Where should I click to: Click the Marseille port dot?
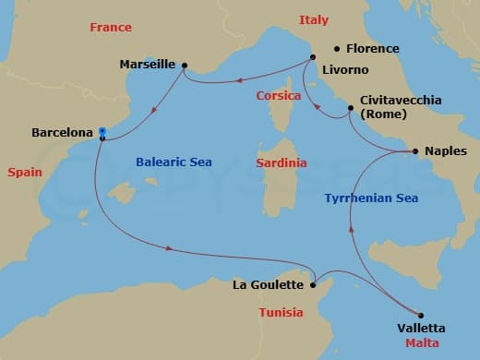[185, 66]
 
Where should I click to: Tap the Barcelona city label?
[63, 133]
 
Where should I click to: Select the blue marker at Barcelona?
[102, 131]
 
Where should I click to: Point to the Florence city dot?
[337, 48]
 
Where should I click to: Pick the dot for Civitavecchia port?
[350, 109]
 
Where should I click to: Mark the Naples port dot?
[415, 150]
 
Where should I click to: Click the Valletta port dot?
[421, 315]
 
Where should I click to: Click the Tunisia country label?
[280, 312]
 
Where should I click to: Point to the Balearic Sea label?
[174, 162]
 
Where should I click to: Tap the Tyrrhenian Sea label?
[371, 198]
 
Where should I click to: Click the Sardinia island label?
[281, 163]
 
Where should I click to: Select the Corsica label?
[278, 95]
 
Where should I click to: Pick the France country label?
[111, 28]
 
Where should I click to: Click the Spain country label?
[25, 173]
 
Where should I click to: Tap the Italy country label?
[314, 20]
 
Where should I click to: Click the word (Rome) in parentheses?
[381, 114]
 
